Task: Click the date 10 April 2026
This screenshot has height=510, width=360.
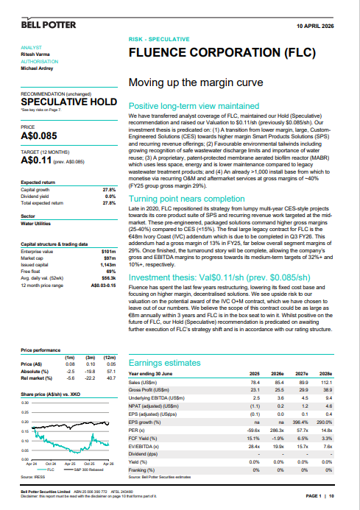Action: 320,24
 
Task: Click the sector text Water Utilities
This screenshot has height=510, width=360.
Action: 38,203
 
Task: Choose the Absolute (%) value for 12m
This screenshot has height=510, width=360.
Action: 113,369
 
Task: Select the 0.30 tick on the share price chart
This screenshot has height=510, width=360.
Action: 26,403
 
